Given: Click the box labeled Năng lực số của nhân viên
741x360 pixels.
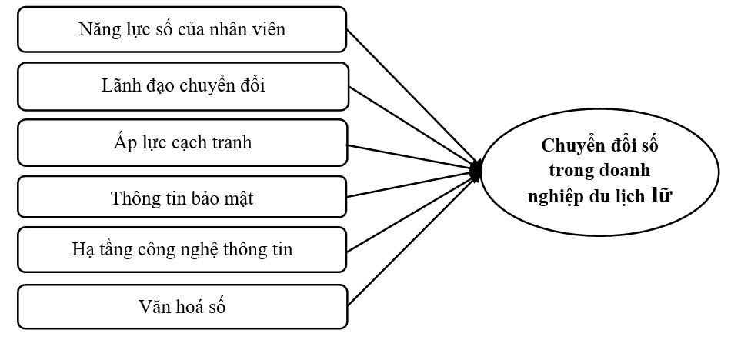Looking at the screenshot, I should coord(182,29).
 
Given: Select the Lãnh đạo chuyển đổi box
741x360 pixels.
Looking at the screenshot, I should coord(182,85).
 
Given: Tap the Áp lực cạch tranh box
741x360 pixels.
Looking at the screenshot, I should coord(182,142).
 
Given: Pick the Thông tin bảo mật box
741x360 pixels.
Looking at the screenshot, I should coord(182,198).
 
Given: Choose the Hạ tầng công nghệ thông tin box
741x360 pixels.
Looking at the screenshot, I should coord(182,250).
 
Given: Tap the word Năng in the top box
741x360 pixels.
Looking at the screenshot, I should coord(96,30).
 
